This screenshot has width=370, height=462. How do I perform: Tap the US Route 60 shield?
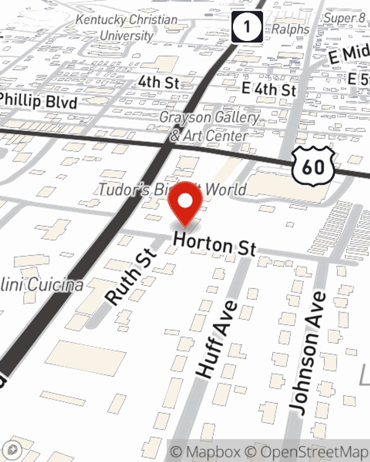tap(313, 167)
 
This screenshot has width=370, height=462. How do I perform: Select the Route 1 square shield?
tap(247, 27)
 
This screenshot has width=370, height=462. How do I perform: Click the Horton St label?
tap(215, 244)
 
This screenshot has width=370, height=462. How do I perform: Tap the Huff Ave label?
tap(217, 339)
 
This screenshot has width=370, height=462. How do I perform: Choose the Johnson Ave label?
tap(308, 353)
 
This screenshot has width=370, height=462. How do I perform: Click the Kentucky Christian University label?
tap(127, 28)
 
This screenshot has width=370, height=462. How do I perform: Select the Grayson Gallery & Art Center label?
tap(209, 127)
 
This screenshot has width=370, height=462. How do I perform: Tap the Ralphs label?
tap(290, 29)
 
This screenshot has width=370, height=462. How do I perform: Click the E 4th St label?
tap(269, 89)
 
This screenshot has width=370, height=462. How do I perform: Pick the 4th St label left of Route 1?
tap(159, 82)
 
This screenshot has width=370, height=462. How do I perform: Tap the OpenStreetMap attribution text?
tap(314, 452)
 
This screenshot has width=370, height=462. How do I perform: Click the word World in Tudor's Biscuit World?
tap(226, 189)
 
